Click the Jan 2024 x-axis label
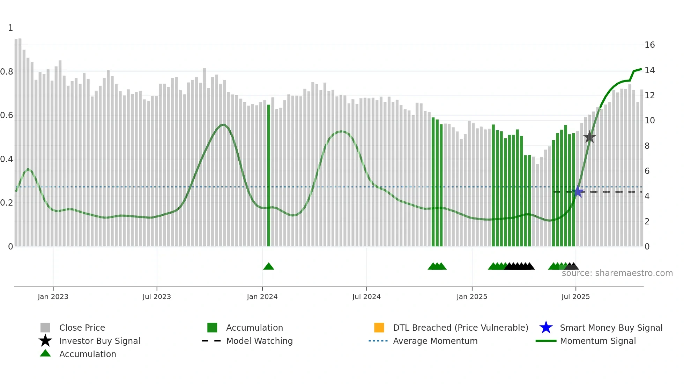pyautogui.click(x=262, y=297)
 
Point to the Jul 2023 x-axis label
pyautogui.click(x=157, y=297)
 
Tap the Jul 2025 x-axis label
pyautogui.click(x=575, y=297)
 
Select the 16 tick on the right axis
pyautogui.click(x=649, y=45)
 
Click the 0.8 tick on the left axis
pyautogui.click(x=7, y=72)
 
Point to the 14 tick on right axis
pyautogui.click(x=649, y=70)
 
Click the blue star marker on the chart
pyautogui.click(x=578, y=191)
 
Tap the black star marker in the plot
pyautogui.click(x=589, y=137)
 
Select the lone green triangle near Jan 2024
pyautogui.click(x=268, y=267)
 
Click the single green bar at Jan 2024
pyautogui.click(x=269, y=174)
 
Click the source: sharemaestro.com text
pyautogui.click(x=617, y=273)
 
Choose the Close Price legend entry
pyautogui.click(x=82, y=328)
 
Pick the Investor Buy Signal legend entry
pyautogui.click(x=99, y=341)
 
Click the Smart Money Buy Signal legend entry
pyautogui.click(x=611, y=328)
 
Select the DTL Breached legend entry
pyautogui.click(x=460, y=328)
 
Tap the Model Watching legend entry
pyautogui.click(x=259, y=341)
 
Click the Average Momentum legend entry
pyautogui.click(x=435, y=341)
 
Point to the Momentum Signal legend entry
pyautogui.click(x=597, y=341)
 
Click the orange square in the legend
pyautogui.click(x=379, y=328)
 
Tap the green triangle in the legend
pyautogui.click(x=45, y=354)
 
